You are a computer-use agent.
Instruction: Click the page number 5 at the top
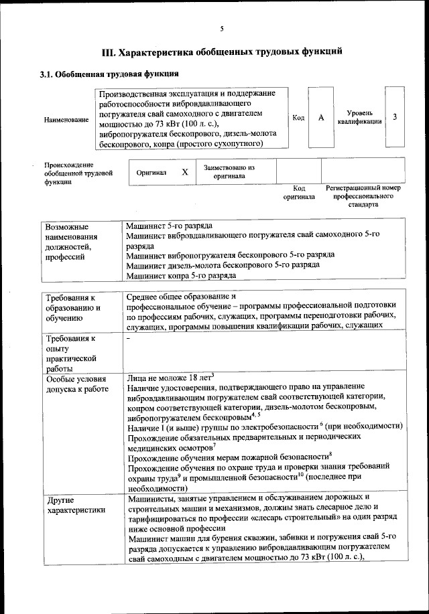pos(221,28)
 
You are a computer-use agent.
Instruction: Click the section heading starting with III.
pos(221,52)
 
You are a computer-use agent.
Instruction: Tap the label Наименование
pos(66,119)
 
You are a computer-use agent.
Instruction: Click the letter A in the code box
pos(321,118)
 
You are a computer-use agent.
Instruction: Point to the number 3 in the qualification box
pos(395,117)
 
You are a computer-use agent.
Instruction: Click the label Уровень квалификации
pos(360,118)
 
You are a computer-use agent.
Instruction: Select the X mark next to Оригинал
pos(185,171)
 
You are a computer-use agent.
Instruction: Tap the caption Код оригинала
pos(298,193)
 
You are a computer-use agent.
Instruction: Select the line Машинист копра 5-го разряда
pos(181,275)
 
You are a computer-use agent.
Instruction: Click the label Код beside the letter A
pos(298,118)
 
